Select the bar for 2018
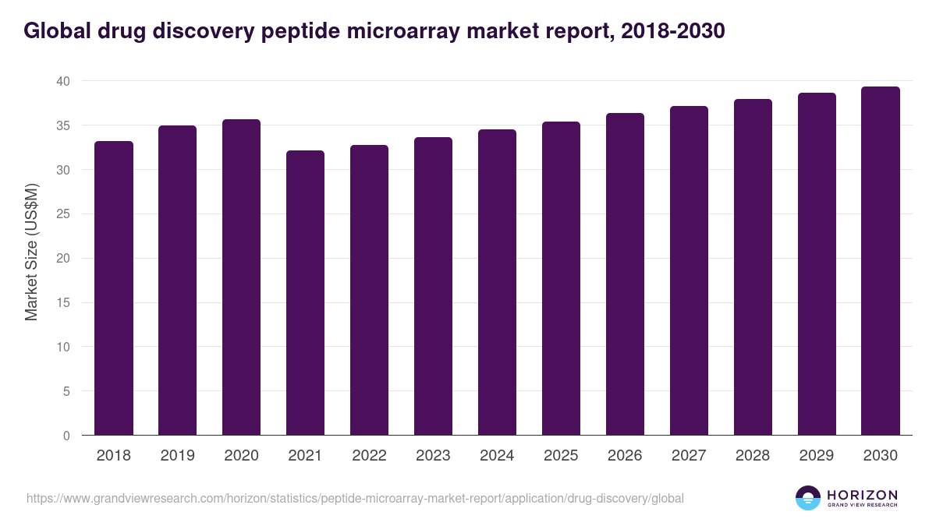(x=114, y=288)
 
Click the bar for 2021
(x=305, y=293)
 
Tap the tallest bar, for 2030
(x=881, y=261)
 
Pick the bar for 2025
(x=561, y=278)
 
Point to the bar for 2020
(x=241, y=277)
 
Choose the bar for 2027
(x=689, y=270)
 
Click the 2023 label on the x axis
(x=433, y=456)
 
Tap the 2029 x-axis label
(x=817, y=456)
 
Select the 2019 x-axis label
(x=177, y=456)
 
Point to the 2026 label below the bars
(x=625, y=456)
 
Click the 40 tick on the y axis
(x=63, y=81)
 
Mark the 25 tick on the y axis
(x=63, y=214)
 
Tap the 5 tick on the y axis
(x=66, y=391)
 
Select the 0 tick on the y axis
(x=66, y=436)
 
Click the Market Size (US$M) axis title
(x=31, y=252)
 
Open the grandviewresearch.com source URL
(x=355, y=498)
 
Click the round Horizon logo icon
(x=808, y=498)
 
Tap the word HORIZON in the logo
(x=862, y=494)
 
